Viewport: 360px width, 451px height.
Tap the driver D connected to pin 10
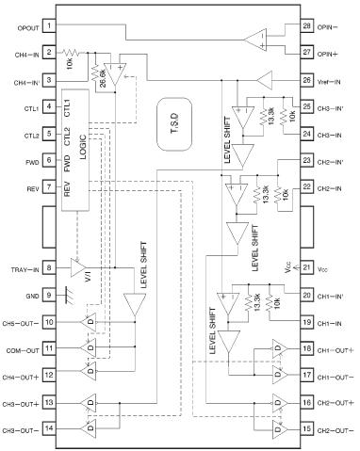90,322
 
